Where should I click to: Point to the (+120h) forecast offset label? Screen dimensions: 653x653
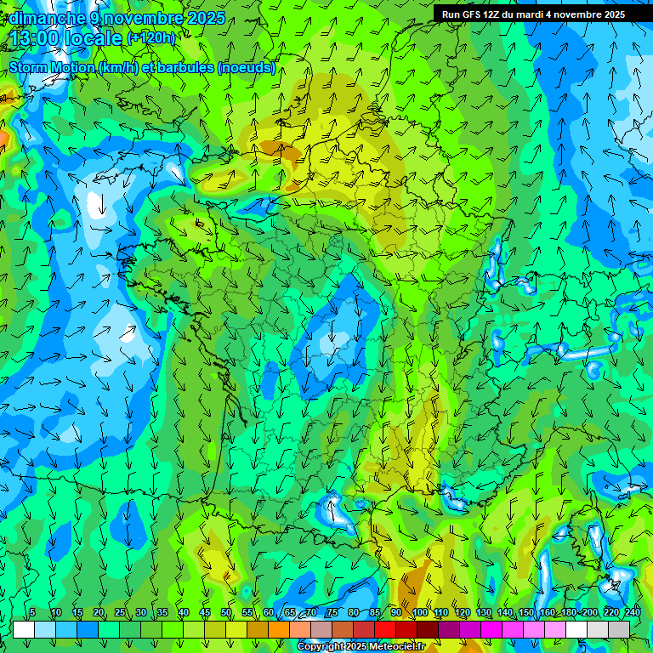click(x=150, y=37)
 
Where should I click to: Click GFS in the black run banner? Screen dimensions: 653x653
click(x=470, y=14)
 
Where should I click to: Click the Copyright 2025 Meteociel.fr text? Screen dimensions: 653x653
click(x=361, y=647)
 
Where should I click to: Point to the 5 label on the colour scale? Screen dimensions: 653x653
click(x=32, y=613)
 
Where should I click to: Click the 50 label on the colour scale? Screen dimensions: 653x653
click(x=226, y=613)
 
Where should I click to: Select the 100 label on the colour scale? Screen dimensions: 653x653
click(x=419, y=613)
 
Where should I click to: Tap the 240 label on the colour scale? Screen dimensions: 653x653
click(x=632, y=613)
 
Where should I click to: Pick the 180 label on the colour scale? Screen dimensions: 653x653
click(x=568, y=613)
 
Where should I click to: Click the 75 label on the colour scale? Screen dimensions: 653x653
click(x=332, y=613)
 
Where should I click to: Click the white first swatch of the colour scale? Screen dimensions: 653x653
click(x=24, y=629)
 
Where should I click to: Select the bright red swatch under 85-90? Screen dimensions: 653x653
click(x=385, y=629)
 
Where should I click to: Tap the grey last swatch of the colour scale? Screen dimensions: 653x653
click(x=619, y=629)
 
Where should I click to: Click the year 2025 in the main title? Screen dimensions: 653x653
click(x=206, y=18)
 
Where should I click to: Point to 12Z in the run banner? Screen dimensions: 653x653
click(x=491, y=14)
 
